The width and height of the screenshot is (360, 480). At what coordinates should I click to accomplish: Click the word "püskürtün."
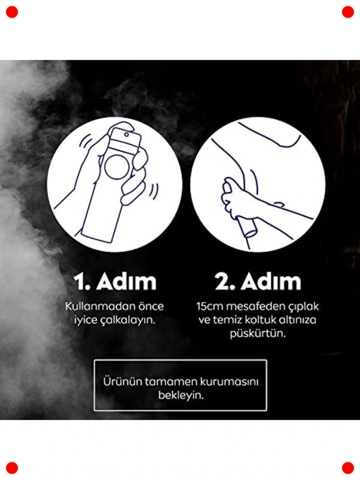(x=258, y=334)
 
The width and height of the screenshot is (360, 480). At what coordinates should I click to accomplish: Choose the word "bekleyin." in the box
(x=181, y=395)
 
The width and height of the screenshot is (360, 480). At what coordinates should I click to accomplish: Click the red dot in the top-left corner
(x=12, y=12)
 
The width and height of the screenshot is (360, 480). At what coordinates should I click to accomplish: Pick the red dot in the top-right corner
(x=348, y=12)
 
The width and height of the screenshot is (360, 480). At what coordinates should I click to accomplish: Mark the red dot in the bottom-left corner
(x=12, y=468)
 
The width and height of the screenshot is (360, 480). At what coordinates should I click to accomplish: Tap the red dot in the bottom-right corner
(x=348, y=468)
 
